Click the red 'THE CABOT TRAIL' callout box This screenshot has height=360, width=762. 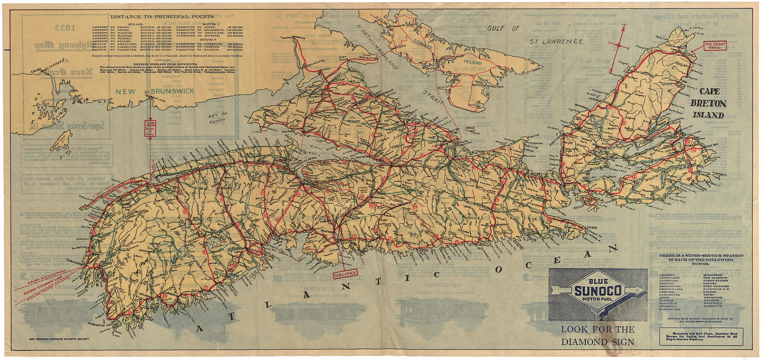[x=715, y=46]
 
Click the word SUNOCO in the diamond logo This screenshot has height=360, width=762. [x=598, y=291]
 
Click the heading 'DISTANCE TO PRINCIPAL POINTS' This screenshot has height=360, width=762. [x=162, y=17]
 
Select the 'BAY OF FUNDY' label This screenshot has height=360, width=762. [x=217, y=118]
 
